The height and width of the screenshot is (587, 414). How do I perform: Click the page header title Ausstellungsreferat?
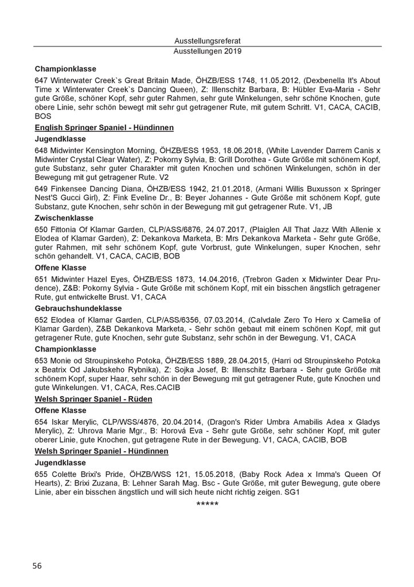[x=206, y=41]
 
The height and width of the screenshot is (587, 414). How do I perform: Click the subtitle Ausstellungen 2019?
[x=206, y=51]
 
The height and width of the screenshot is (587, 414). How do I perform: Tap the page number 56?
[x=37, y=566]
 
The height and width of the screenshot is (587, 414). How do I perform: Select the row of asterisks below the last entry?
[x=206, y=504]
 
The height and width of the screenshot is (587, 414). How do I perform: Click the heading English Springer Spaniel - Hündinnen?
[x=104, y=127]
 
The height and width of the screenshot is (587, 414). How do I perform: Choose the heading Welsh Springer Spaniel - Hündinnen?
[x=101, y=452]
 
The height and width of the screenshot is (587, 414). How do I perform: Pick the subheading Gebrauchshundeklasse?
[x=77, y=308]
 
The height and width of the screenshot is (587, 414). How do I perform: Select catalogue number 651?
[x=41, y=278]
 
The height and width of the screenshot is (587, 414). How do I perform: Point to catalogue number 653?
[x=41, y=361]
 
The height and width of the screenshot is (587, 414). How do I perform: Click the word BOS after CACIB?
[x=44, y=115]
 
